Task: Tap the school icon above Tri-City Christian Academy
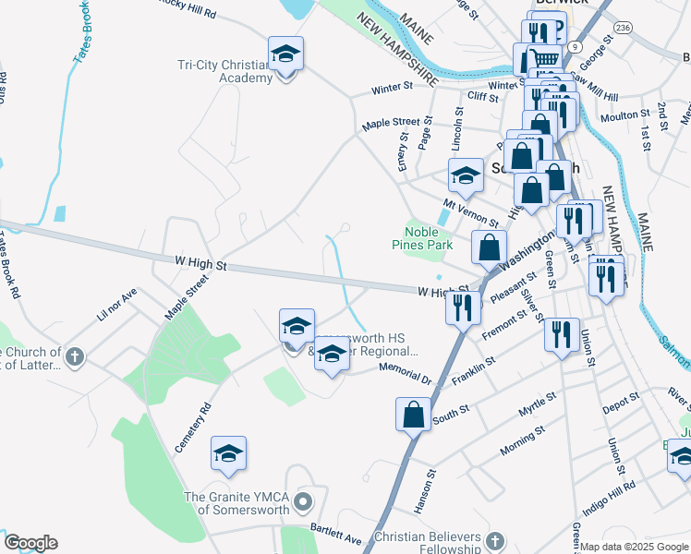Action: coord(285,54)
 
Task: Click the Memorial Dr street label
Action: coord(406,372)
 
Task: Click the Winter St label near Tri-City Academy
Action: coord(392,89)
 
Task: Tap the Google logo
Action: coord(30,543)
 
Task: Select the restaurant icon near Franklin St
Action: coord(562,335)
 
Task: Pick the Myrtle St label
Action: coord(537,403)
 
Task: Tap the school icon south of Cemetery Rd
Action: coord(228,453)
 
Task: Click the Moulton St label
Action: coord(625,115)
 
